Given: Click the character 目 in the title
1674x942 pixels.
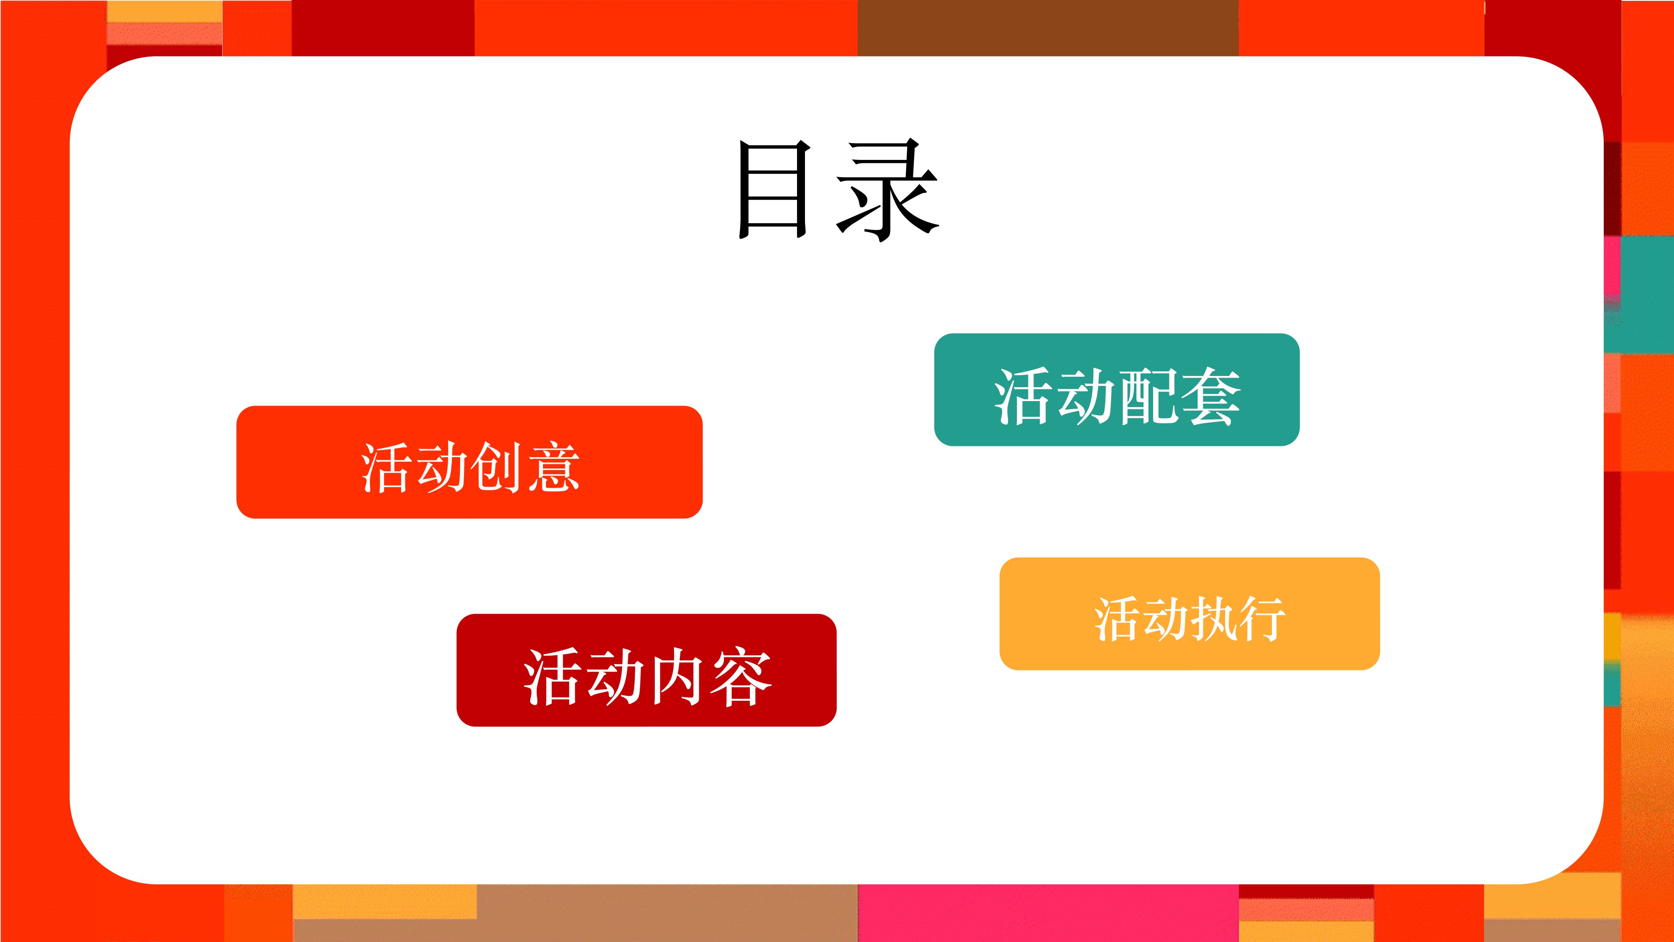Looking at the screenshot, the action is (774, 189).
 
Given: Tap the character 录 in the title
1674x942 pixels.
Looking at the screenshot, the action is (887, 189).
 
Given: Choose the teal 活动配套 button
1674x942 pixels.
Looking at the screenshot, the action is (1116, 389).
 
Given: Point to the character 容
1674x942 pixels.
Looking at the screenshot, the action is (741, 677).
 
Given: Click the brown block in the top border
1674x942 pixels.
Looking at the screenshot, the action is (1048, 28).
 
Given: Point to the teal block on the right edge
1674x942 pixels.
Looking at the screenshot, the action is (1647, 294).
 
